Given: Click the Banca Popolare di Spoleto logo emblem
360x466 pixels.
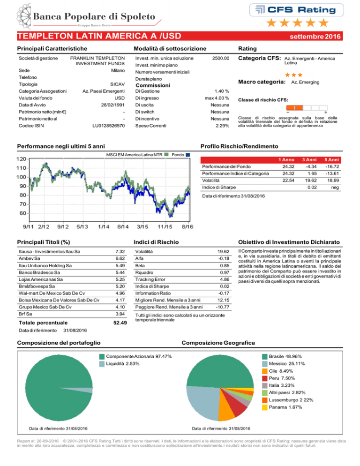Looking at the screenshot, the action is pyautogui.click(x=24, y=16).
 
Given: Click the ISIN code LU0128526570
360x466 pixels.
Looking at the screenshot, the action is pyautogui.click(x=108, y=126).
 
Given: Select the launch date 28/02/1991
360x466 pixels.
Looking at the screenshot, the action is pyautogui.click(x=112, y=105).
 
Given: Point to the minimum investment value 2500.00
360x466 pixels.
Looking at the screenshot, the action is pyautogui.click(x=221, y=58).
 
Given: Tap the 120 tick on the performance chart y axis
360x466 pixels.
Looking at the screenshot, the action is pyautogui.click(x=21, y=159).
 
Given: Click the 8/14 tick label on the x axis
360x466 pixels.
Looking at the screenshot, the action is pyautogui.click(x=123, y=227).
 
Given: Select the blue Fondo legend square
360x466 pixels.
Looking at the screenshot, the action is pyautogui.click(x=187, y=155).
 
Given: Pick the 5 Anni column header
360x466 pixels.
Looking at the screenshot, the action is pyautogui.click(x=331, y=160).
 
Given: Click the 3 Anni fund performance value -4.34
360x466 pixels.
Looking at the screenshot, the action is pyautogui.click(x=311, y=167).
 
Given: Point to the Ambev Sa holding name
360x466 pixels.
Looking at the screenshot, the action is pyautogui.click(x=30, y=259).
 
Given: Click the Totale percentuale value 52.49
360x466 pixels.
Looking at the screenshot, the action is pyautogui.click(x=120, y=323).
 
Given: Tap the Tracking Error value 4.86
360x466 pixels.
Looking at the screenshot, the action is pyautogui.click(x=225, y=279).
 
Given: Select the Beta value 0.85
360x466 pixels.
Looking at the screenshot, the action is pyautogui.click(x=225, y=266).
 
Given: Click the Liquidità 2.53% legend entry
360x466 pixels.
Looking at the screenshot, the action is pyautogui.click(x=119, y=364).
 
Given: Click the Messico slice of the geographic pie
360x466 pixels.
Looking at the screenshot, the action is pyautogui.click(x=202, y=400).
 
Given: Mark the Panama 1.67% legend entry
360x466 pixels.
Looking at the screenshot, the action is pyautogui.click(x=282, y=407).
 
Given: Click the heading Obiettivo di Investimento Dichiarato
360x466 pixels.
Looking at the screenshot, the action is pyautogui.click(x=289, y=242).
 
